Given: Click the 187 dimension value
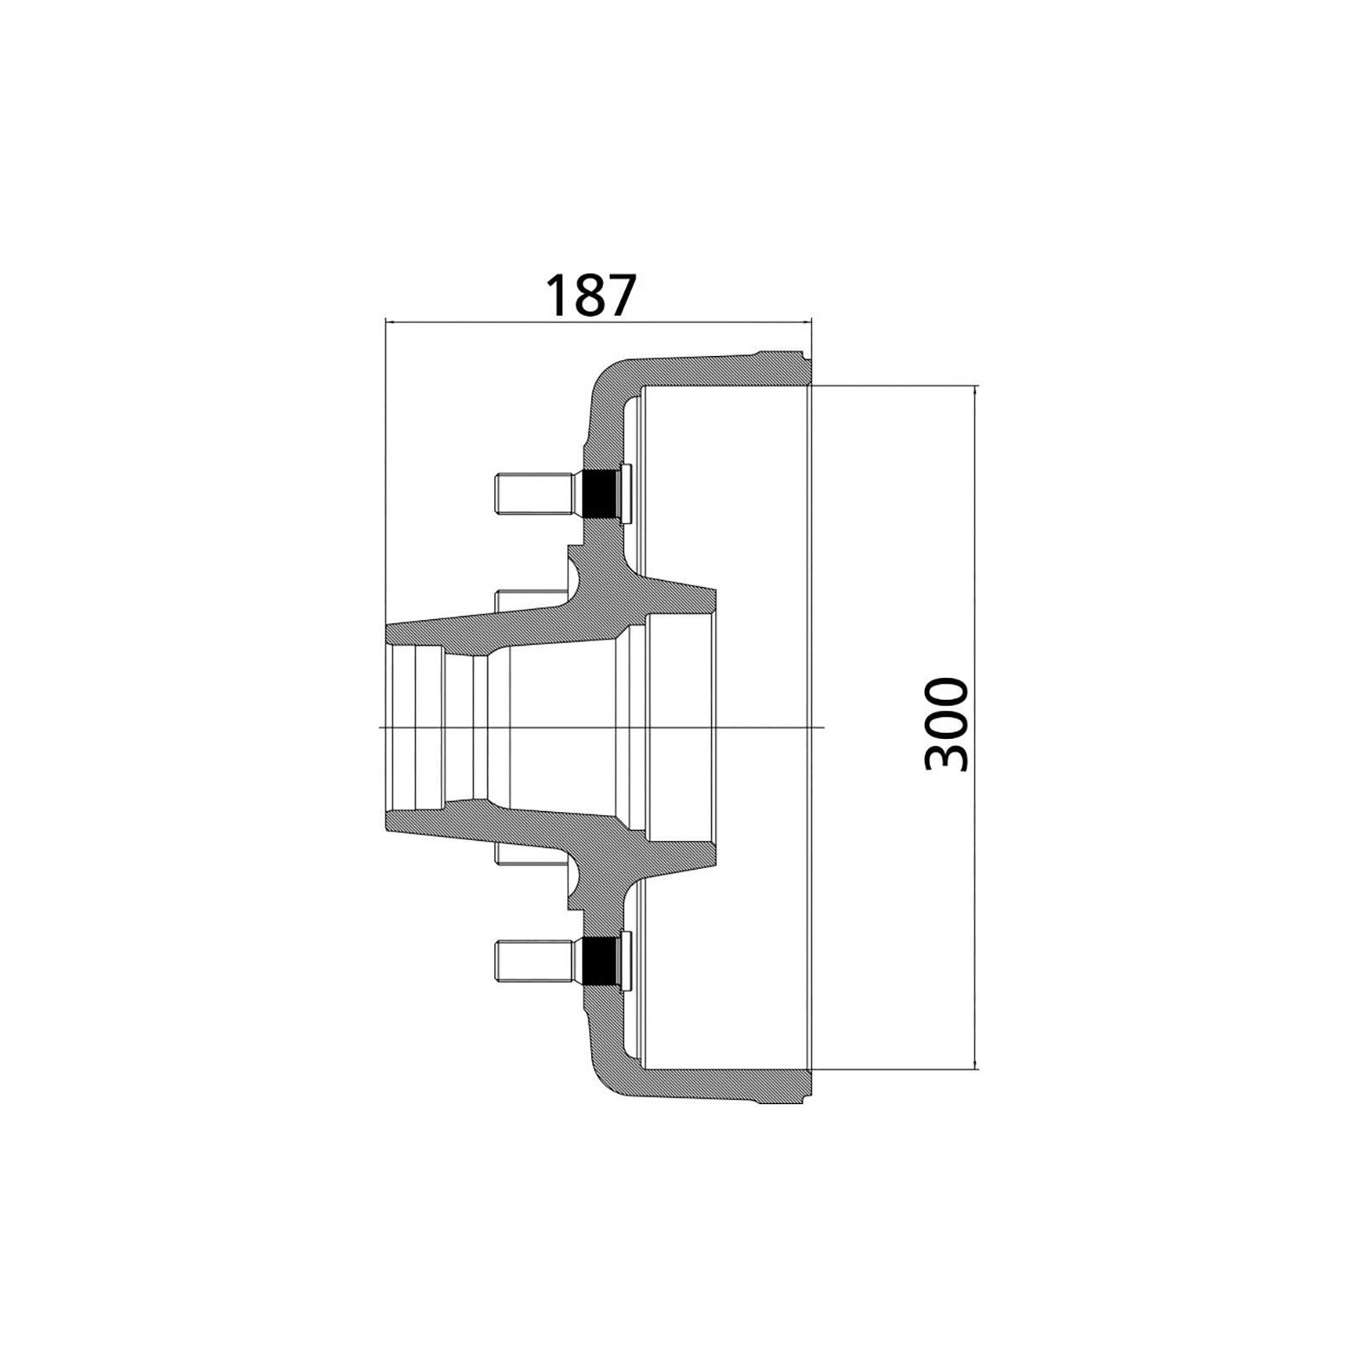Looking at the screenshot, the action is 589,295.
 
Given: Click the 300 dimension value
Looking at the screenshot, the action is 946,725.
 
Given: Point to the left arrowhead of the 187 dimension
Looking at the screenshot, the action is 392,321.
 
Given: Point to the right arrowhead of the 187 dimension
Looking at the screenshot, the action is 805,321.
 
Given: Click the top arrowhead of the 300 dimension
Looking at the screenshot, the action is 975,392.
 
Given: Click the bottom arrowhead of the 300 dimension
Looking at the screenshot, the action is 975,1061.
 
